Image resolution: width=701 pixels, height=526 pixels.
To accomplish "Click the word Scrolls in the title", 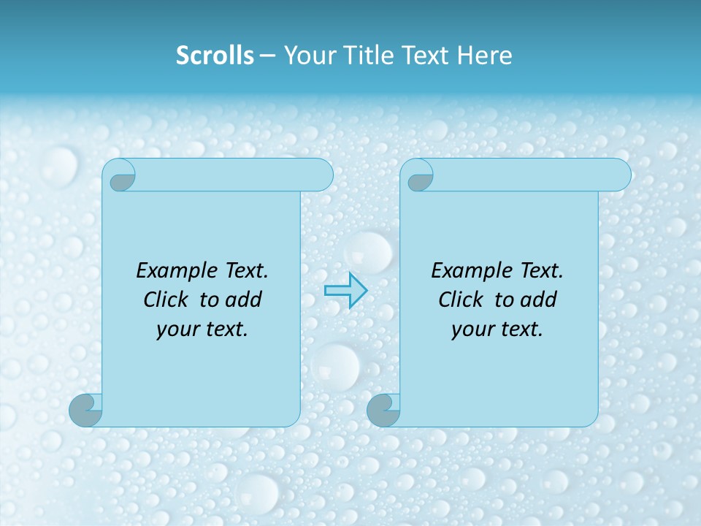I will click(x=215, y=56).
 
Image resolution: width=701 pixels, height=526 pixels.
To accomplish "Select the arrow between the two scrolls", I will click(x=345, y=291).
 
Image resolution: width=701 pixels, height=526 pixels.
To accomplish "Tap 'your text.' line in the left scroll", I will click(x=202, y=329).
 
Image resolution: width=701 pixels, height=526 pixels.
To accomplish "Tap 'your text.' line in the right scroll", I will click(x=497, y=329).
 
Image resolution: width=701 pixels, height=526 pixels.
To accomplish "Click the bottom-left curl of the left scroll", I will click(x=85, y=409).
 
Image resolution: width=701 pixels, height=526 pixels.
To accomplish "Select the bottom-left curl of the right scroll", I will click(x=383, y=409).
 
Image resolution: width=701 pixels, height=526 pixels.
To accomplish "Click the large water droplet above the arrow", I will click(x=369, y=251).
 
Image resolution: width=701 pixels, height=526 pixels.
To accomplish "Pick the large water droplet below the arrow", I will click(x=337, y=365).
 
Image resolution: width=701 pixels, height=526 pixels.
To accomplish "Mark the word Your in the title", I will click(x=304, y=56).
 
